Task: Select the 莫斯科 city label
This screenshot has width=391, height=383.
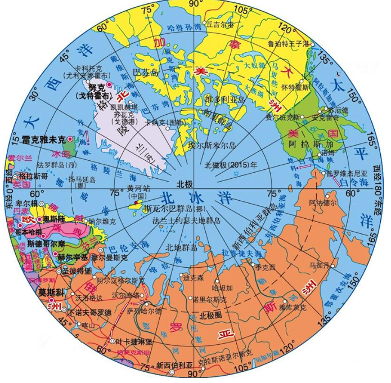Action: [49, 292]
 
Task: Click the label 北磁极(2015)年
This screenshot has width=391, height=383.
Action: [231, 165]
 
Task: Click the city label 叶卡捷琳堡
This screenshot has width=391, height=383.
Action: [131, 341]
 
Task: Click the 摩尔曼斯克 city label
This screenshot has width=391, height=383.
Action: [110, 257]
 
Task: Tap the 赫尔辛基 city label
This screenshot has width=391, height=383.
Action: [73, 257]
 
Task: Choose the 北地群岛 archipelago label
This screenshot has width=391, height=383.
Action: [181, 247]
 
